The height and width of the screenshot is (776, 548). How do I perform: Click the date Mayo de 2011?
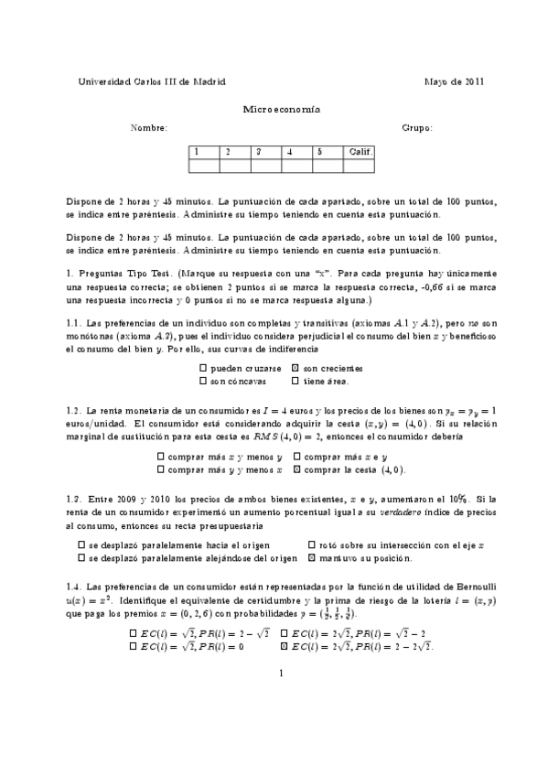454,81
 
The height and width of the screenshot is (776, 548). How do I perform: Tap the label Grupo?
417,128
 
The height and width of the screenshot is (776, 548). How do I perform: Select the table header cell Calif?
359,152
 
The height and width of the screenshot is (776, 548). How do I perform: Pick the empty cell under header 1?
203,166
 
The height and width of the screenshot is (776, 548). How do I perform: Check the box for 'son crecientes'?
295,368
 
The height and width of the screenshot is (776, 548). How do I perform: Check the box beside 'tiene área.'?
295,381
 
